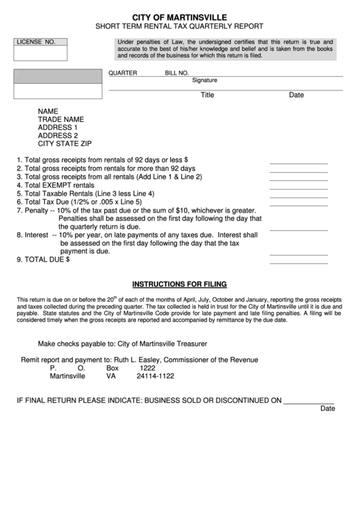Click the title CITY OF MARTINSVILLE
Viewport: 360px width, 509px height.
coord(180,16)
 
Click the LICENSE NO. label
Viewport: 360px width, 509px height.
coord(36,42)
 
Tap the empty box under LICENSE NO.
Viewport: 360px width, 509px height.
coord(41,53)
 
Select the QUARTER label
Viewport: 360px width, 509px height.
coord(123,73)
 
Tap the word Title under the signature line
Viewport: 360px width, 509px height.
coord(207,95)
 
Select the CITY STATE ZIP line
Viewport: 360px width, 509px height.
coord(65,143)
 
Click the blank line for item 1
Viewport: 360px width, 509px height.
coord(298,163)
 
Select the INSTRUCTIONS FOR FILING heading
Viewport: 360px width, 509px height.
coord(180,284)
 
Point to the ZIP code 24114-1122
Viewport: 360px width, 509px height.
coord(156,376)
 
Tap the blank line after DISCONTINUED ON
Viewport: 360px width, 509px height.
coord(309,402)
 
